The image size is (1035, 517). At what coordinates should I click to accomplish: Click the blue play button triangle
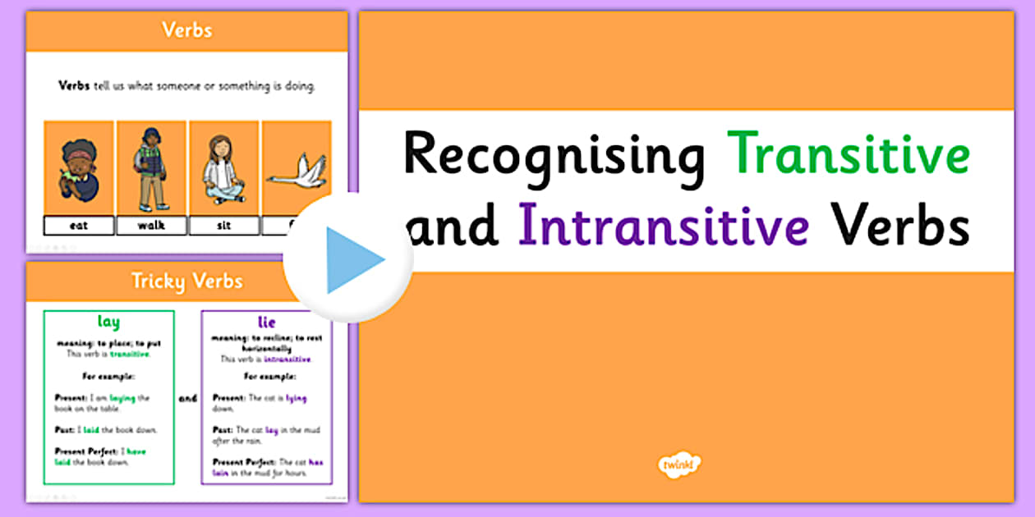[x=352, y=260]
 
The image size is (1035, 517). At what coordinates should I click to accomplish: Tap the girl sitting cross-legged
[x=223, y=168]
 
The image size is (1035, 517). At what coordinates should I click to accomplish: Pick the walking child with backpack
[x=151, y=167]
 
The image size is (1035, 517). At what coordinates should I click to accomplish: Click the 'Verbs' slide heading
[x=186, y=30]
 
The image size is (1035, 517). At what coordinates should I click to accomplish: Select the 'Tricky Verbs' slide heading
[x=186, y=281]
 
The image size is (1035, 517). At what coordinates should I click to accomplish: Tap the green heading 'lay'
[x=108, y=323]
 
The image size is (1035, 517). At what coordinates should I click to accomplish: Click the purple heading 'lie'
[x=266, y=323]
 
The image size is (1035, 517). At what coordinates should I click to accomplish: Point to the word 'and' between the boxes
[x=188, y=398]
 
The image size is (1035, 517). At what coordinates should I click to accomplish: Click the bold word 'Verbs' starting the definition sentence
[x=74, y=85]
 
